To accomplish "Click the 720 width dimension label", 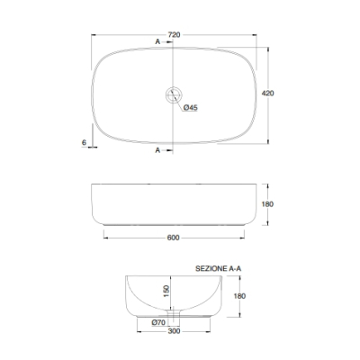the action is [x=174, y=35].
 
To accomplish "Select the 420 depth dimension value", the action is [x=267, y=94].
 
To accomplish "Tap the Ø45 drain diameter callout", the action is [x=191, y=107].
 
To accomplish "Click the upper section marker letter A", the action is [x=157, y=41].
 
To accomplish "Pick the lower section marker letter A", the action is [x=157, y=150].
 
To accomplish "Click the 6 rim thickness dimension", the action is [x=84, y=142].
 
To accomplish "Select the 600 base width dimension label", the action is [x=174, y=238].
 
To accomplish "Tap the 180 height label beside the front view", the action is [x=267, y=204].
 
